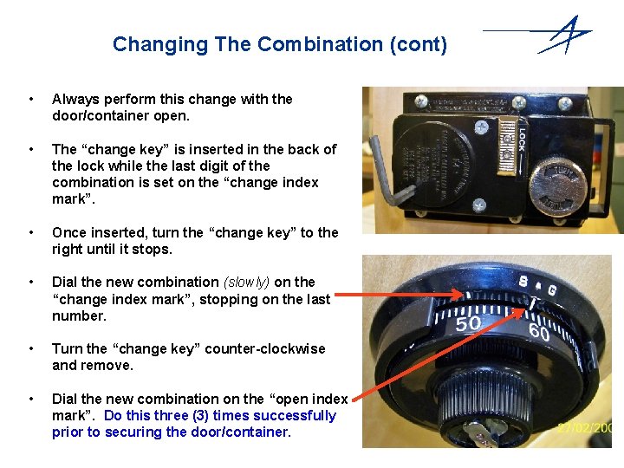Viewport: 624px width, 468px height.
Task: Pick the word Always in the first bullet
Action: point(74,99)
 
